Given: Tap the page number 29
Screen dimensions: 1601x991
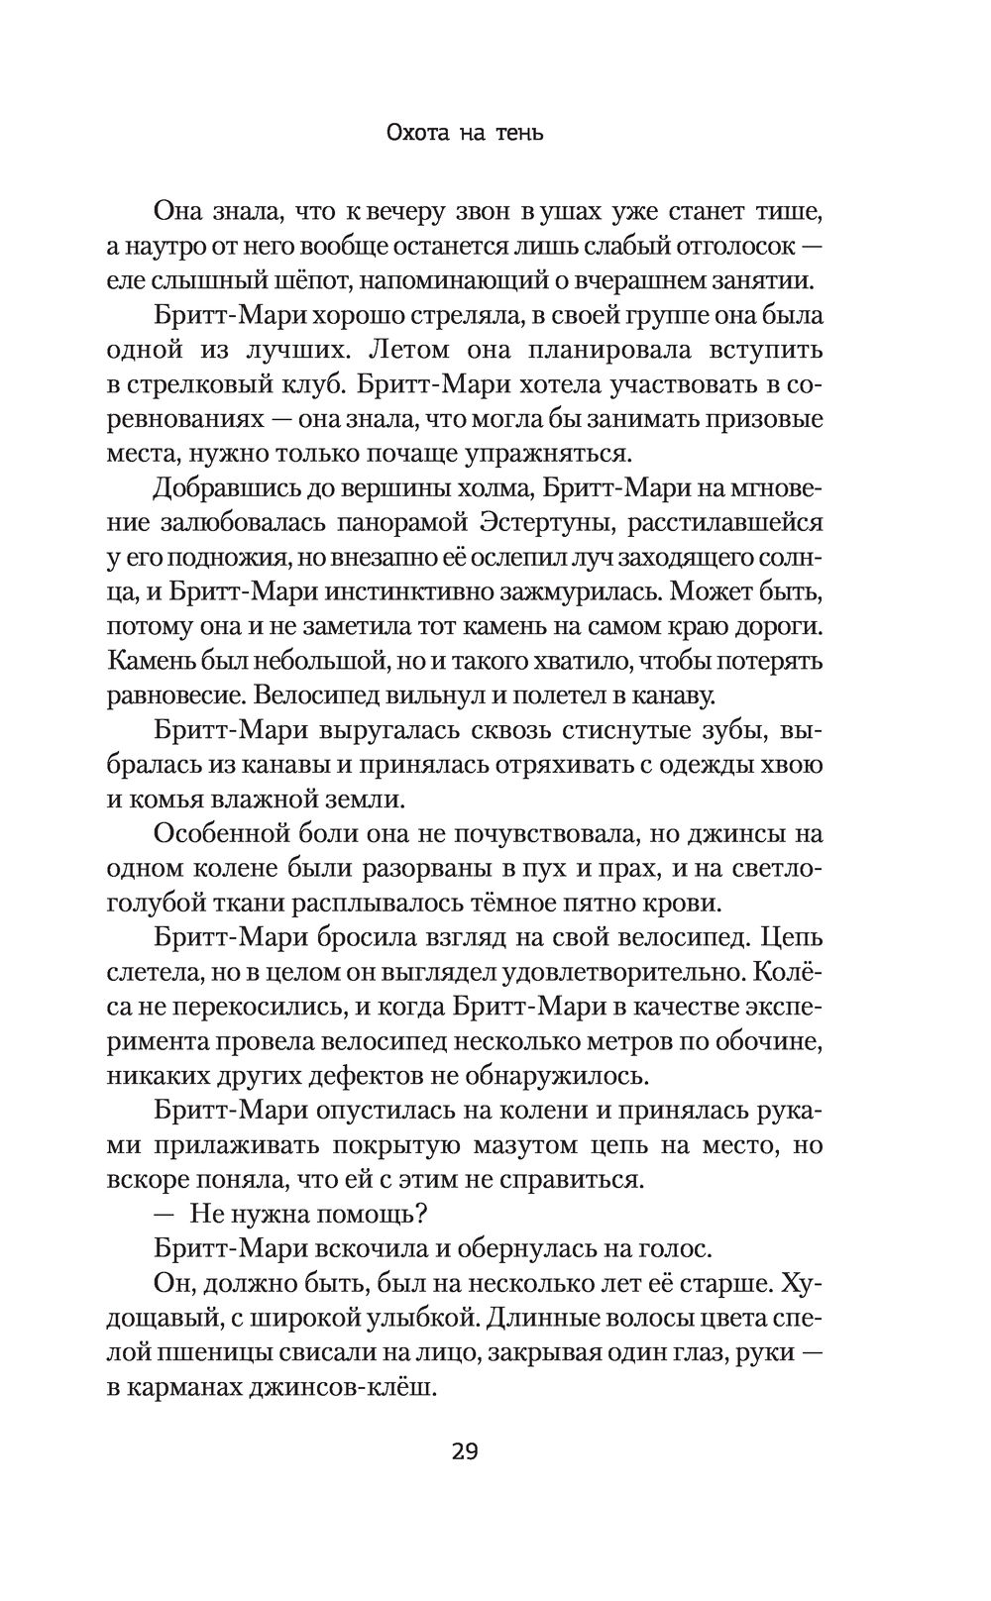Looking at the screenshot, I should pos(464,1452).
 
